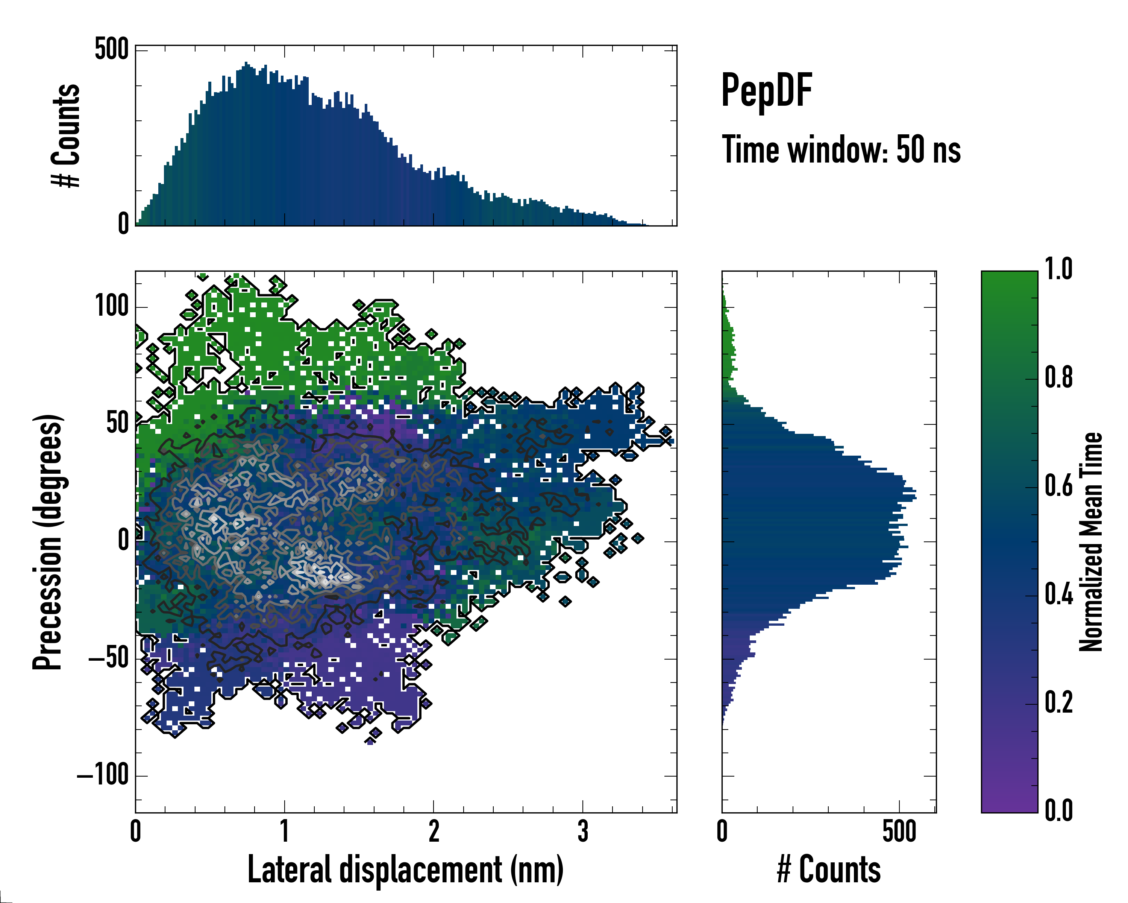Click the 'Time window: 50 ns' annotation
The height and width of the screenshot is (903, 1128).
(841, 150)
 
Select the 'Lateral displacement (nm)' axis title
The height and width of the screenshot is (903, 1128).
(405, 870)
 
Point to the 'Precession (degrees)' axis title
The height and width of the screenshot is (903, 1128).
(48, 542)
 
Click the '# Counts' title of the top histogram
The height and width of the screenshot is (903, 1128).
(66, 135)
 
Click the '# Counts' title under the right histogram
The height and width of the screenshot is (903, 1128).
(829, 870)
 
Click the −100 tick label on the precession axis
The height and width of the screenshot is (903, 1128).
(103, 775)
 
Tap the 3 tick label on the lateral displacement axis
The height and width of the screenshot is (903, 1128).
(583, 831)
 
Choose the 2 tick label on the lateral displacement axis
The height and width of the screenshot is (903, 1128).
(434, 831)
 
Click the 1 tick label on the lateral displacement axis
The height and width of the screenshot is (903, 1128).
(285, 831)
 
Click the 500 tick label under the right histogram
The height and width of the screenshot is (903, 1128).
(899, 831)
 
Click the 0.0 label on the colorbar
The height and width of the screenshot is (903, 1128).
(1058, 810)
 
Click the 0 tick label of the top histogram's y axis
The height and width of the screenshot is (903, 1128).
(123, 224)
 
